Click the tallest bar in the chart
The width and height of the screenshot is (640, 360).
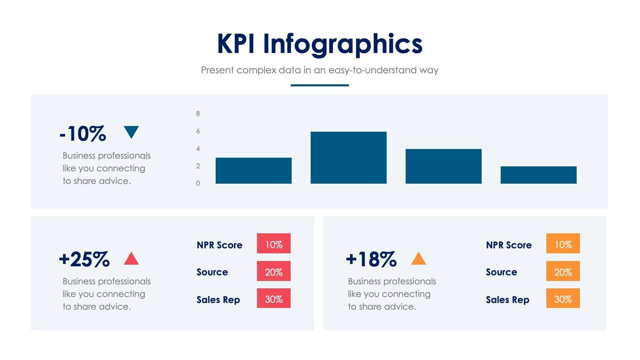[348, 157]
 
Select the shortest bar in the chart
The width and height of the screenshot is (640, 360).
[538, 175]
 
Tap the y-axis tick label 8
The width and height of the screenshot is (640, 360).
[198, 114]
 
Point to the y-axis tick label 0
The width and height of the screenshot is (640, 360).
[198, 183]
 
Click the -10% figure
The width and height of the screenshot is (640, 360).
[83, 134]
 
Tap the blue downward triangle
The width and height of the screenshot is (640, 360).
[131, 131]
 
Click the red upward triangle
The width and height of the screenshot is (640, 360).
[131, 259]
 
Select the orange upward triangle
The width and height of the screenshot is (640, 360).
[418, 259]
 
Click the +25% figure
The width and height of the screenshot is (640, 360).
[84, 259]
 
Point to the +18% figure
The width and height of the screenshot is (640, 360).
[371, 259]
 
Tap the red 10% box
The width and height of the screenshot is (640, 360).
[274, 244]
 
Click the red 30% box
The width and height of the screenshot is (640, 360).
[274, 298]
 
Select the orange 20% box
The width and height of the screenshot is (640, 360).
[563, 271]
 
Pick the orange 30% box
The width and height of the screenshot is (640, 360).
[563, 298]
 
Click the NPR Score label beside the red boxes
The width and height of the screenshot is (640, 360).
[219, 245]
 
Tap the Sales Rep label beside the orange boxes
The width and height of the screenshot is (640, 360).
[507, 300]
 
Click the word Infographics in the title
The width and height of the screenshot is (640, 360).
[343, 44]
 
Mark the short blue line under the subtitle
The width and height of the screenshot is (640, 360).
[320, 85]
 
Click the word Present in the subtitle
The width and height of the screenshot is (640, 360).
[217, 70]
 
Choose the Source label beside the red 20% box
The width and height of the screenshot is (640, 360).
[212, 272]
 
